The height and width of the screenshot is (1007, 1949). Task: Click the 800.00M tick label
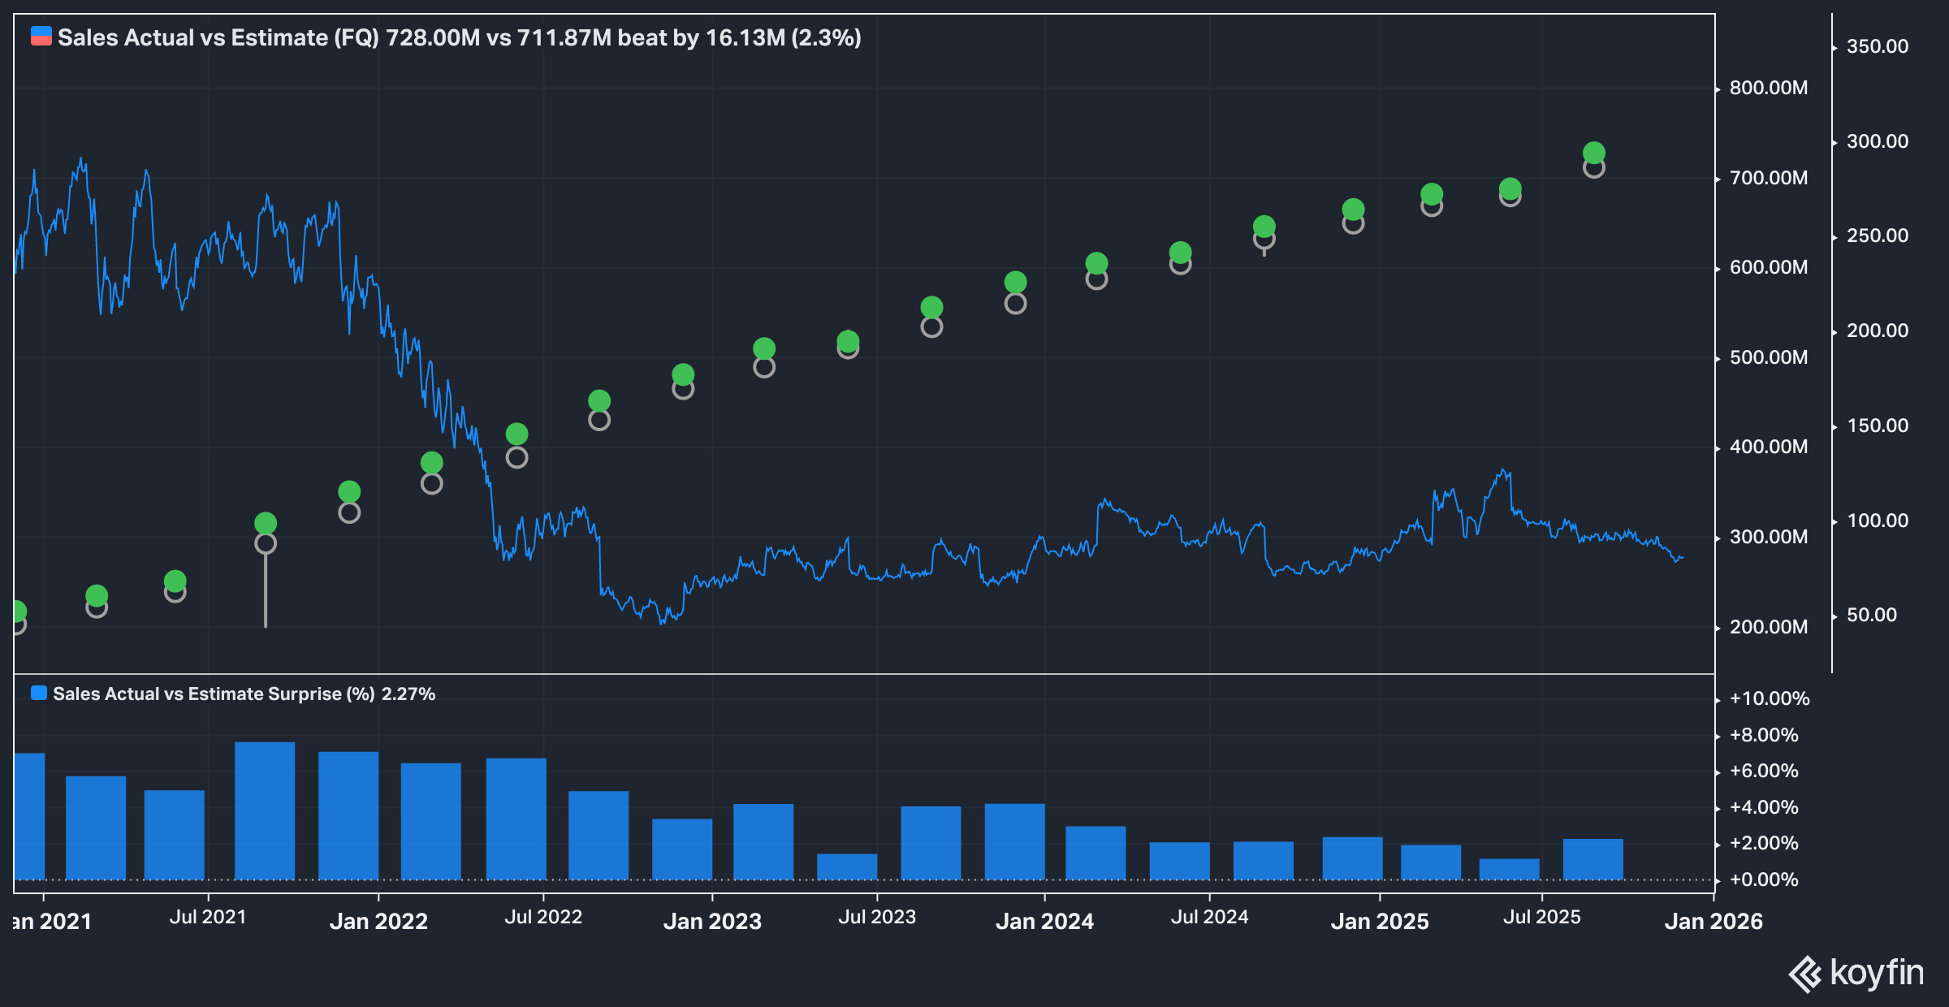(x=1768, y=88)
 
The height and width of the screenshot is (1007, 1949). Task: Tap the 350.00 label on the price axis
(x=1877, y=46)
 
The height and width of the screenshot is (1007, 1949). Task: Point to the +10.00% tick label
(x=1769, y=698)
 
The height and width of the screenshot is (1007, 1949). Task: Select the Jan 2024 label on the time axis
(x=1044, y=921)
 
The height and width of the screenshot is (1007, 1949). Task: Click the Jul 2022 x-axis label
(x=543, y=917)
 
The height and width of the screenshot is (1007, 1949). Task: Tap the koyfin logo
(x=1856, y=973)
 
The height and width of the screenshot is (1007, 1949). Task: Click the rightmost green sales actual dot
(x=1593, y=153)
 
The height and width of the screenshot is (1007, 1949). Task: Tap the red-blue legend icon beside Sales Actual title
(x=41, y=37)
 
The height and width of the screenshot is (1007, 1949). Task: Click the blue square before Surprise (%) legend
(x=38, y=694)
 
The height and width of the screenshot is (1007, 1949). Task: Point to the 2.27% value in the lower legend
(x=408, y=694)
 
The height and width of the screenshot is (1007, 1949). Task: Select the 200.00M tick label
(x=1768, y=627)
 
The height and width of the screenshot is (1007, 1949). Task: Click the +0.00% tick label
(x=1763, y=880)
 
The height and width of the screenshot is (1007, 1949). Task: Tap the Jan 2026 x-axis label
(x=1713, y=921)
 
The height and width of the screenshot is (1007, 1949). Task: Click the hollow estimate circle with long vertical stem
(x=266, y=543)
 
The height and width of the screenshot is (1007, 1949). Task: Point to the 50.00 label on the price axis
(x=1871, y=615)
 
